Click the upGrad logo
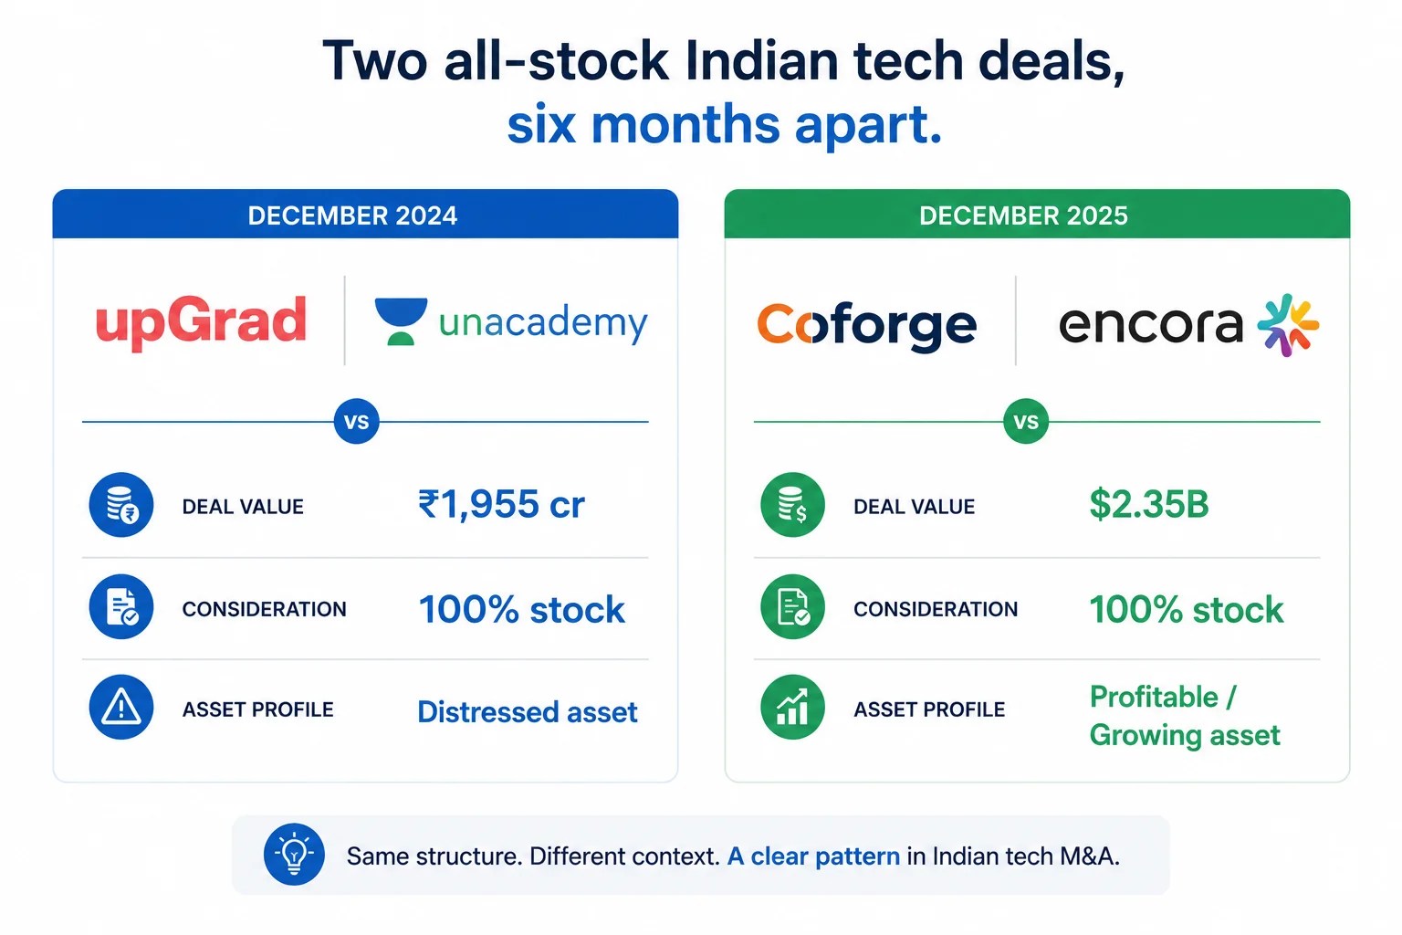[201, 322]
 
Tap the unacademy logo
[511, 322]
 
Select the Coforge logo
[867, 326]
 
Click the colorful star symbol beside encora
[1288, 325]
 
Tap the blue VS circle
[357, 422]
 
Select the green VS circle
[1026, 422]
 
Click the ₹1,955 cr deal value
[501, 505]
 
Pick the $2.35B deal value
[1149, 505]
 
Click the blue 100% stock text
[521, 609]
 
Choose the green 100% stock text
[1187, 609]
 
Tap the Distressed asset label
[528, 712]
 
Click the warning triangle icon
[121, 707]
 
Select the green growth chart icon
[792, 707]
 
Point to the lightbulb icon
[294, 855]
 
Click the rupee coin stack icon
[121, 505]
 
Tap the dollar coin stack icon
[792, 505]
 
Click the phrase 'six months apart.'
[724, 125]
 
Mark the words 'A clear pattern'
[813, 856]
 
